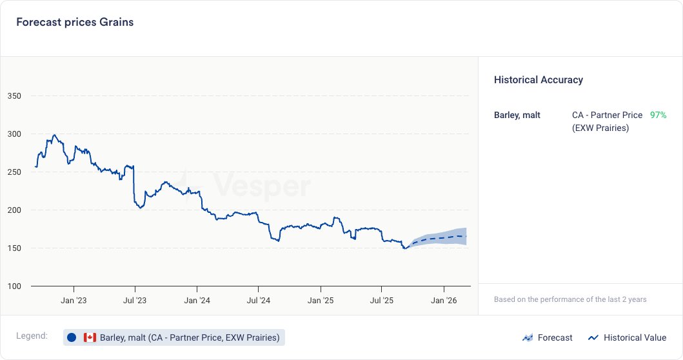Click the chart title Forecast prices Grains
tap(75, 22)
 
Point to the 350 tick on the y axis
tap(14, 96)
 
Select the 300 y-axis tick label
tap(14, 134)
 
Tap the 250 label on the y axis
tap(14, 172)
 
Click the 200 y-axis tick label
tap(14, 210)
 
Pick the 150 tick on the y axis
tap(14, 248)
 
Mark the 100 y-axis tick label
tap(14, 286)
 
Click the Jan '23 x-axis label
tap(74, 301)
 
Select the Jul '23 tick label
tap(135, 301)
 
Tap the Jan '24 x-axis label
tap(197, 301)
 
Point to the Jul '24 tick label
tap(258, 301)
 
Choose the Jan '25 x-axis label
tap(321, 301)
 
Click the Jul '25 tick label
tap(381, 301)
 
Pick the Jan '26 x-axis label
tap(444, 301)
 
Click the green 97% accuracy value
tap(658, 115)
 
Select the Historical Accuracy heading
tap(539, 80)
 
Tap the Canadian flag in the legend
tap(90, 337)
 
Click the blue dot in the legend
tap(72, 337)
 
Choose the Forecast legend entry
tap(547, 337)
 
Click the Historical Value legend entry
tap(627, 337)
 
